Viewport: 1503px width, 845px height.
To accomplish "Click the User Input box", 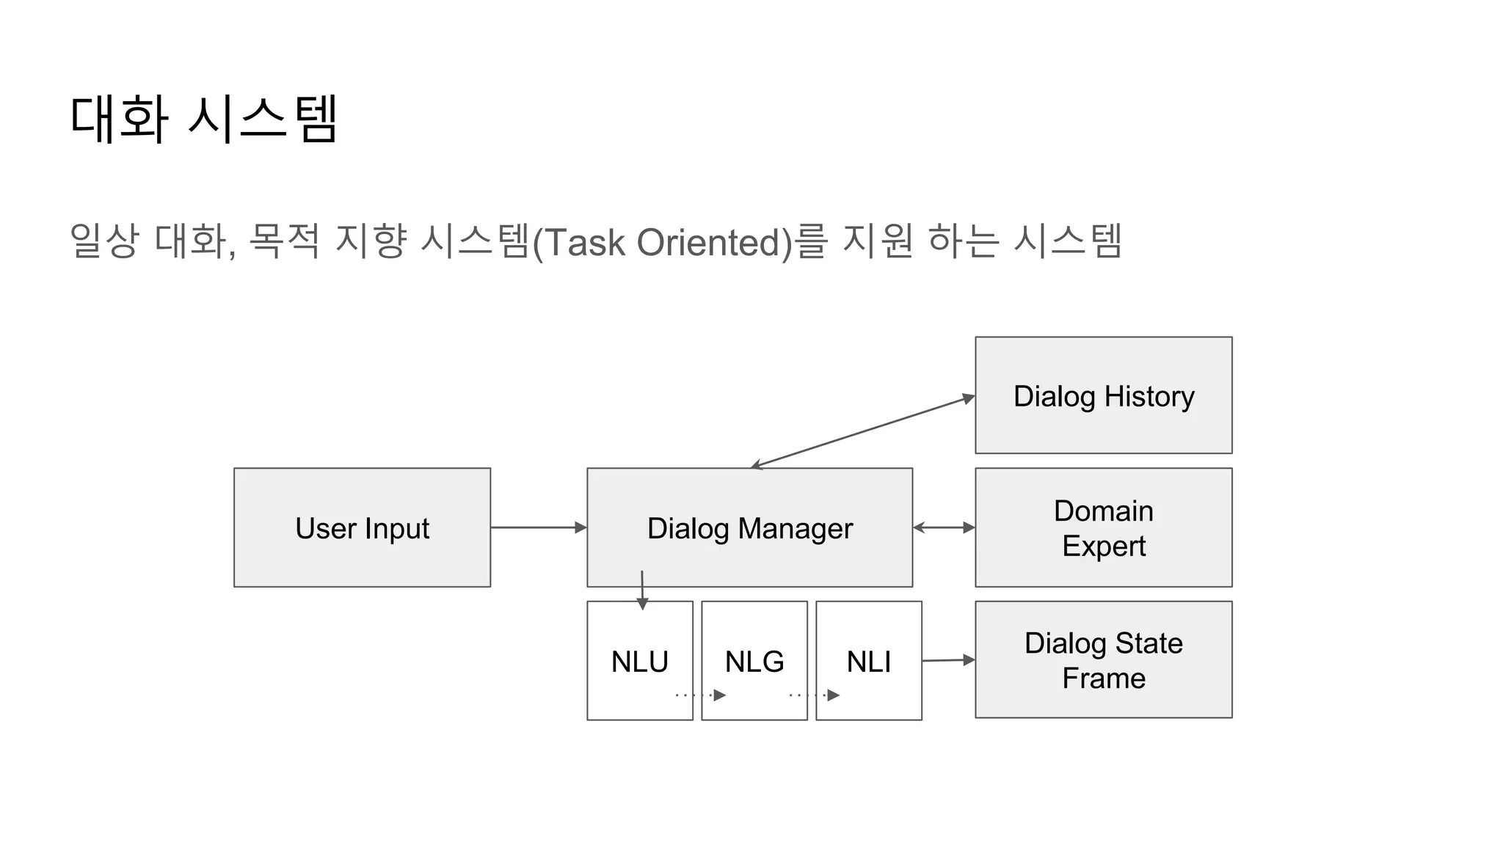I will pos(362,527).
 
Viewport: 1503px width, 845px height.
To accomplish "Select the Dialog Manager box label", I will pos(749,528).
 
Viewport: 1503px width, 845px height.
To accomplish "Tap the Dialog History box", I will pos(1103,396).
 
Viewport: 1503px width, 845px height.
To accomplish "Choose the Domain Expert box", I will pos(1103,528).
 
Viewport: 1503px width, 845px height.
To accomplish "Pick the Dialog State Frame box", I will pos(1103,659).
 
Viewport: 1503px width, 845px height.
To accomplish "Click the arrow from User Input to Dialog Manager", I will pos(538,527).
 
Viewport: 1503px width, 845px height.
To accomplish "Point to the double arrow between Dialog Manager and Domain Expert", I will pos(944,527).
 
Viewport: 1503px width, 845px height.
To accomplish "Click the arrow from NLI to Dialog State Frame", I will pos(948,660).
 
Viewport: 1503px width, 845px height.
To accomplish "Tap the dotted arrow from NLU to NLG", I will pos(700,695).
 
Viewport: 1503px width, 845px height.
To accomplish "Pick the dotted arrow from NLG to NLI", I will pos(814,695).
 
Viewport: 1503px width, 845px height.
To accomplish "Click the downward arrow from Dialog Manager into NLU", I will pos(642,590).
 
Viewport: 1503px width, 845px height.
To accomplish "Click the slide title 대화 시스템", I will pos(204,118).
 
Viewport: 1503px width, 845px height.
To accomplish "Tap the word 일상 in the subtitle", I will pos(103,241).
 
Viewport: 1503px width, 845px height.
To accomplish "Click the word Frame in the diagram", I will pos(1103,678).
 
